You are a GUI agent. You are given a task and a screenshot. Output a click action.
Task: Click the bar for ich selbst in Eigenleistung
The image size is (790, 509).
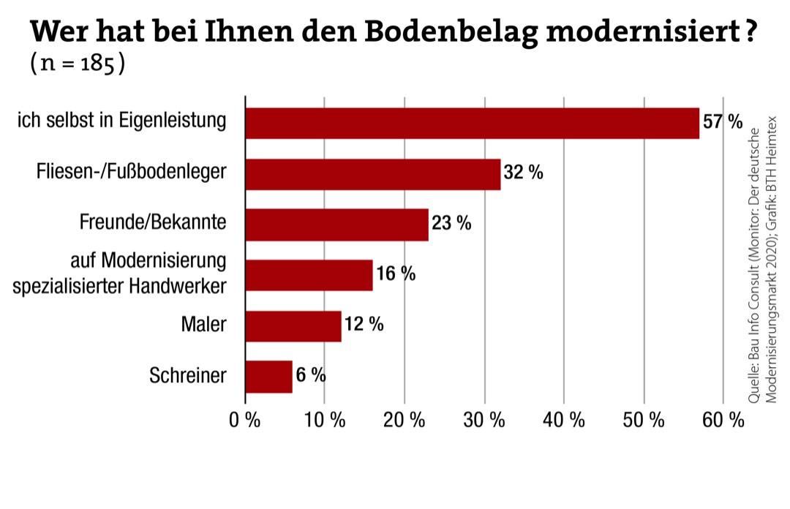point(472,123)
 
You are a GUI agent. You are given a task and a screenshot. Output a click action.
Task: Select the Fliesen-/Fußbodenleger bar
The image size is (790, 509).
point(373,174)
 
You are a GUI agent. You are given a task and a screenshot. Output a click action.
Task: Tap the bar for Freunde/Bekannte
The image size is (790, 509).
point(336,225)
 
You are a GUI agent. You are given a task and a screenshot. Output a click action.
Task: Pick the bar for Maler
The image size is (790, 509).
point(293,326)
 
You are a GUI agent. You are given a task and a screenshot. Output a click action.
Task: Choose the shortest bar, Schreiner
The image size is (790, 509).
point(268,377)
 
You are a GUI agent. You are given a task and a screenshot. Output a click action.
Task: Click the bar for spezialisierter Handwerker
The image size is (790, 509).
point(309,275)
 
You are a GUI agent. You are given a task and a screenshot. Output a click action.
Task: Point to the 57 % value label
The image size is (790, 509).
point(722,122)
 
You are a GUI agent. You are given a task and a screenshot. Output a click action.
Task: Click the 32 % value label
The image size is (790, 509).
point(523,173)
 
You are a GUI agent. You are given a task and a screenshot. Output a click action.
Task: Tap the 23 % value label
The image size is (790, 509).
point(451,224)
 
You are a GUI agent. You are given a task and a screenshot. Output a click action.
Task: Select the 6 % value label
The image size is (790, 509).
point(311,376)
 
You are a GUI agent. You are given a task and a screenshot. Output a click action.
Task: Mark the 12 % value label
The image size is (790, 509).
point(364,325)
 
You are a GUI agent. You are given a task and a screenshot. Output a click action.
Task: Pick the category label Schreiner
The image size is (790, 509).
point(188,377)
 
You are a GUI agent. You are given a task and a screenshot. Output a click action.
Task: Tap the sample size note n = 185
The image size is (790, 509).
point(78,64)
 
